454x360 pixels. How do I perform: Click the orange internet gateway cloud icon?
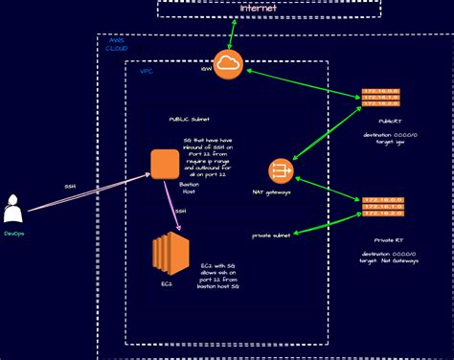pos(229,64)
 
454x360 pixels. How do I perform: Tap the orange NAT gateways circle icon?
pos(281,171)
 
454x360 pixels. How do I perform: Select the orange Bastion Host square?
pos(165,164)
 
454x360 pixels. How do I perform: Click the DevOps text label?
pos(14,233)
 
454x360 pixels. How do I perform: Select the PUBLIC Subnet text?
pos(189,120)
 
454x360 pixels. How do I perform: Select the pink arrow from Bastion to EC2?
pos(173,207)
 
